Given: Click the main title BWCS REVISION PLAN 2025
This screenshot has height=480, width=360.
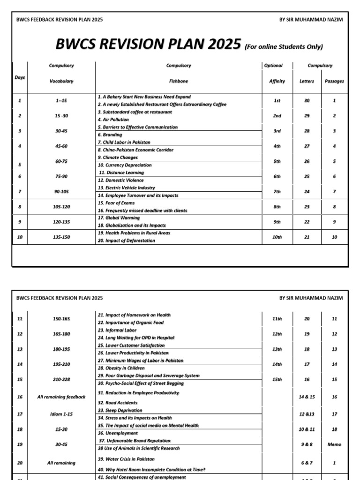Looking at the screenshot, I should (148, 45).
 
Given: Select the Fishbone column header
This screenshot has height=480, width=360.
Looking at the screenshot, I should (178, 81).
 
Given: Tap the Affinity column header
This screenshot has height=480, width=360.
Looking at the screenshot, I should (277, 81).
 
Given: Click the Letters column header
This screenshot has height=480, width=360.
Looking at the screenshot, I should (307, 81).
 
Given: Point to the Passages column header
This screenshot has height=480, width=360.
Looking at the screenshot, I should (334, 81).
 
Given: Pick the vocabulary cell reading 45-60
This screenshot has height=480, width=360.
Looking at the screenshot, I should (61, 146).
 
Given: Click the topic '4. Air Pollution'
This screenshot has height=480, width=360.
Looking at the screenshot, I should (113, 120).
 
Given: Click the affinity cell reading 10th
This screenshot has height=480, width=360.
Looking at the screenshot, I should (277, 237).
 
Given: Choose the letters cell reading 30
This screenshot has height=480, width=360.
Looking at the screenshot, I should (307, 101).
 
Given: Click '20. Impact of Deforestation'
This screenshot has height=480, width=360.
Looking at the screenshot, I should (126, 240).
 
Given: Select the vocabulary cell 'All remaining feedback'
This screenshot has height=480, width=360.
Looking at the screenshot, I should (61, 397).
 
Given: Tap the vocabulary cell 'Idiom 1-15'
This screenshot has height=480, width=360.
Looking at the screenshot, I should (61, 414).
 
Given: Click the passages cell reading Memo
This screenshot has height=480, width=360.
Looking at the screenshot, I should (334, 444).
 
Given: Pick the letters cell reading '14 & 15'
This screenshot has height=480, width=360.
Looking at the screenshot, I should (307, 397).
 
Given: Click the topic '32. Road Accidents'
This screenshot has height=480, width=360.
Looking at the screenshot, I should (117, 403).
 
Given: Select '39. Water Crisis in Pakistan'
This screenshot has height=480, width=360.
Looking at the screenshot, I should (126, 459).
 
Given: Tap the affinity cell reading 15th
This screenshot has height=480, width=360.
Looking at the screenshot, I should (277, 379).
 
